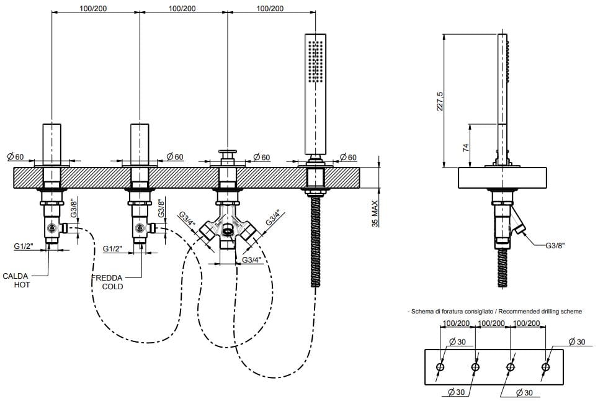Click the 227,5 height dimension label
[x=440, y=101]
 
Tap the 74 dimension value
[x=466, y=147]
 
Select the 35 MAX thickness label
[x=375, y=214]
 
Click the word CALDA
[x=16, y=276]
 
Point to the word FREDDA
[x=107, y=278]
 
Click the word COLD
[x=113, y=287]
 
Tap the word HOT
[x=22, y=285]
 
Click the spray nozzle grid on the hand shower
[x=315, y=61]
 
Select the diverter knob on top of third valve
[x=228, y=153]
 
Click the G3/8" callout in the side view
[x=555, y=246]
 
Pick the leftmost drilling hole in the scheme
[x=440, y=367]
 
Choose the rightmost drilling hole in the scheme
[x=545, y=367]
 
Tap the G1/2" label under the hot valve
[x=24, y=246]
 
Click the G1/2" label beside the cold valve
[x=113, y=249]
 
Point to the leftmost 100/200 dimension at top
[x=94, y=9]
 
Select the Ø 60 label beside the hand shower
[x=349, y=157]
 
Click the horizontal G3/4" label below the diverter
[x=252, y=260]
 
